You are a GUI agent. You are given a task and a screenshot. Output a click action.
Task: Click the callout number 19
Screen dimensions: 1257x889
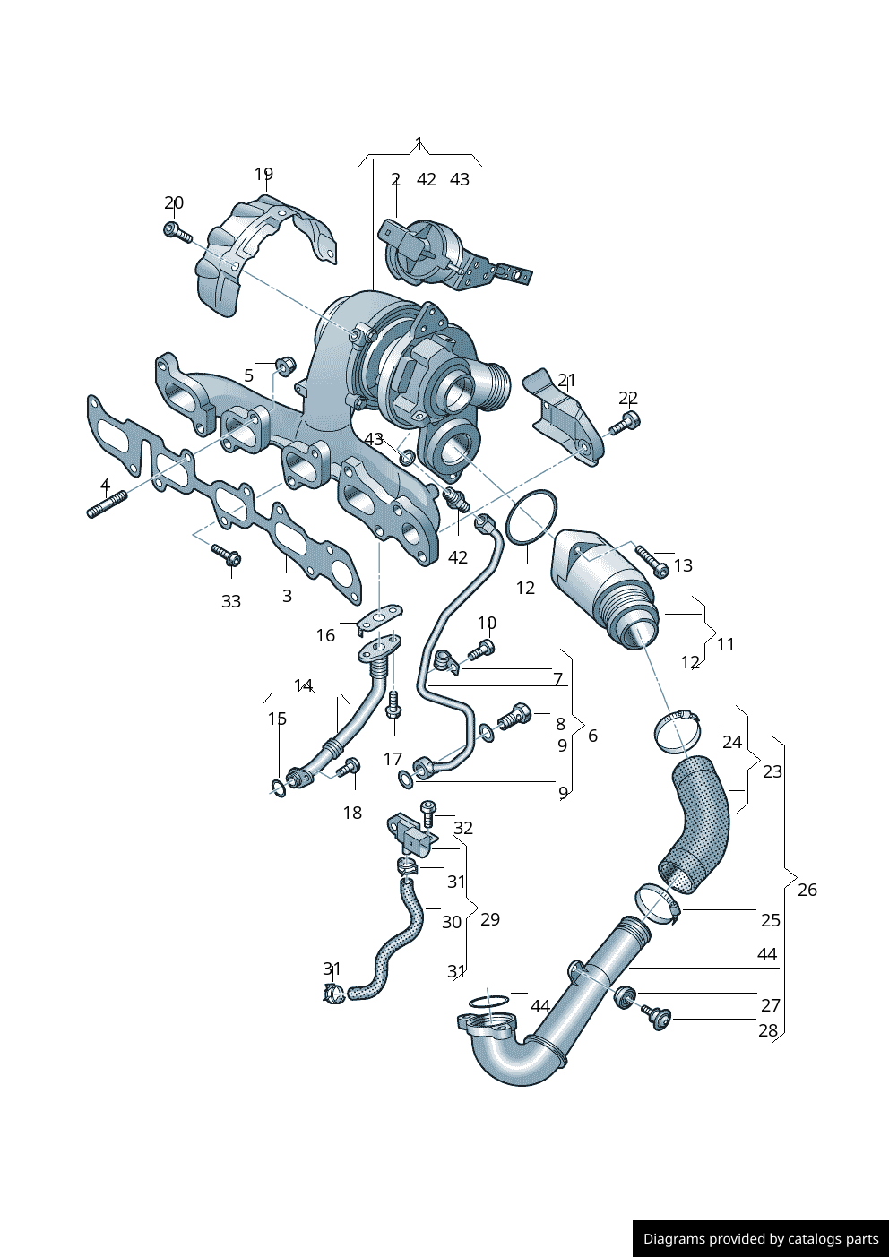coord(263,174)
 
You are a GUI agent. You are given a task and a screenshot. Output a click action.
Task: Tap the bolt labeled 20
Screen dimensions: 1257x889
coord(177,232)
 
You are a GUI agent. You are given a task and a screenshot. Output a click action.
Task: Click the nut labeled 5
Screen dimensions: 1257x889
coord(284,365)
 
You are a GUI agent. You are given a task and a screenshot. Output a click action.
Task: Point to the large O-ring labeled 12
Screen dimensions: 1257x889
coord(531,518)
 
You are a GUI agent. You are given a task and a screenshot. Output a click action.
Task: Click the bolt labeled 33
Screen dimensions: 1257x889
coord(226,555)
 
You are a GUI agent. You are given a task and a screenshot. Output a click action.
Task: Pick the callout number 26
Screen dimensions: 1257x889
coord(807,890)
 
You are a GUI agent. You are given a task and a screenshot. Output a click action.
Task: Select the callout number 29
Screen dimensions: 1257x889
coord(490,919)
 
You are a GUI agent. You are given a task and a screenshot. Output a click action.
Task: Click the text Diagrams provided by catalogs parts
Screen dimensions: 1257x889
coord(761,1239)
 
